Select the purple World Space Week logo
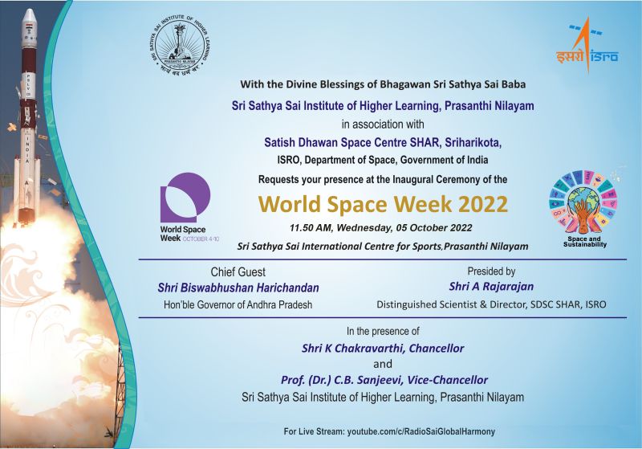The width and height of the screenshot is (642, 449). [185, 198]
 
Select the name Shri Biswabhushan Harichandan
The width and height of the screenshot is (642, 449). [238, 288]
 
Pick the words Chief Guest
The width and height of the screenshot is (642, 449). [238, 271]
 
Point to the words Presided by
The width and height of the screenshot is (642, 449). [491, 271]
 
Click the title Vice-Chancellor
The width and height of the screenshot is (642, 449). [448, 380]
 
